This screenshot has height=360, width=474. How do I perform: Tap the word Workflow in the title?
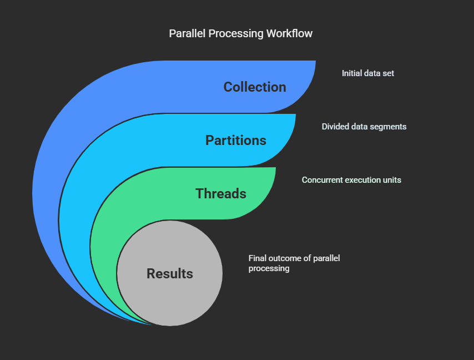289,34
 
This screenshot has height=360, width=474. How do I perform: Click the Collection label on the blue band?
255,87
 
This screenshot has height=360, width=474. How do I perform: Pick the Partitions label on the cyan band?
236,141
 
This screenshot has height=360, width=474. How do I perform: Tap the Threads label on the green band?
221,194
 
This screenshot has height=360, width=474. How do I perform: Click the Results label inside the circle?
170,274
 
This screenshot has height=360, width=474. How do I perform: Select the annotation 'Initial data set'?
368,73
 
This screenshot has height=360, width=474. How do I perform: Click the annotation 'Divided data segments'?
364,127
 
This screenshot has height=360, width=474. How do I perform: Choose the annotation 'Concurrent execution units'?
351,180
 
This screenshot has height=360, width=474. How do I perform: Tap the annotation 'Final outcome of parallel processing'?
294,263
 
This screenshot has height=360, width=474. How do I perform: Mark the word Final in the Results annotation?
258,258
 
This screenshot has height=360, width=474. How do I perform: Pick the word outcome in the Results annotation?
284,258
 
